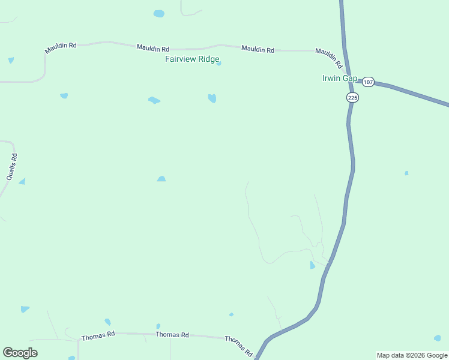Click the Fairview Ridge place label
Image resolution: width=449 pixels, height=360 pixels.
192,59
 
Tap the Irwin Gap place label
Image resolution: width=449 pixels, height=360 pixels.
340,78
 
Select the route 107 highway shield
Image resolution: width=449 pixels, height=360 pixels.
369,82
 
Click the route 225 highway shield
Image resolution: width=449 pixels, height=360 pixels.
352,97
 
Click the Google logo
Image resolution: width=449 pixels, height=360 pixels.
20,353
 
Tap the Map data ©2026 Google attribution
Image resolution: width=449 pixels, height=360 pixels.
412,355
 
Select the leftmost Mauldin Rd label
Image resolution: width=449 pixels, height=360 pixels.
61,48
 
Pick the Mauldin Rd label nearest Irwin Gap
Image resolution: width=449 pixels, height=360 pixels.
329,58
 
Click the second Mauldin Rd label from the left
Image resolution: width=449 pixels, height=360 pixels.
152,47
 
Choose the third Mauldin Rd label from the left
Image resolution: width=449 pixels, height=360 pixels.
258,49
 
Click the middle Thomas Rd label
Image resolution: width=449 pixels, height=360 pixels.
172,335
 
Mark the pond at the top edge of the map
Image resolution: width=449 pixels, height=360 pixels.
158,13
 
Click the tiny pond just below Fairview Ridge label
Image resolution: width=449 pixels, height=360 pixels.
218,64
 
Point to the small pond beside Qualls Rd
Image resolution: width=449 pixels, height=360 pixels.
22,181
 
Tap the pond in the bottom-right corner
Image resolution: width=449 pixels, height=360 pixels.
437,338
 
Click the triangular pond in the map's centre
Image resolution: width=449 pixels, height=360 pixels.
161,179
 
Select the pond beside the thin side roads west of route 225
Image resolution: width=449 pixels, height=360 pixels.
312,265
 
